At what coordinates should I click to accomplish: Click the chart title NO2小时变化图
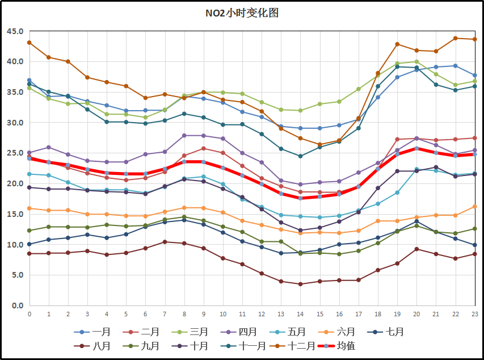click(242, 13)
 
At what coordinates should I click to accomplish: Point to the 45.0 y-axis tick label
click(14, 31)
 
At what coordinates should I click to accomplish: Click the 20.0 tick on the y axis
click(14, 184)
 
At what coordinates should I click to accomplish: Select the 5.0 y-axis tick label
click(14, 275)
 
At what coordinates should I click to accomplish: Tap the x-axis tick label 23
click(474, 313)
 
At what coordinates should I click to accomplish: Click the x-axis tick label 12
click(262, 313)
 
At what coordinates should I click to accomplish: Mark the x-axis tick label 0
click(30, 313)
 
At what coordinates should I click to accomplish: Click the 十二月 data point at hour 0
click(30, 43)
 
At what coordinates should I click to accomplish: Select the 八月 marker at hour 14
click(300, 284)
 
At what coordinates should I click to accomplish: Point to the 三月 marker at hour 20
click(416, 62)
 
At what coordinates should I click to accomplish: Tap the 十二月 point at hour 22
click(455, 38)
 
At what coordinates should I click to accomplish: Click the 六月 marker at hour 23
click(474, 206)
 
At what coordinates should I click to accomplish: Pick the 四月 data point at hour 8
click(184, 135)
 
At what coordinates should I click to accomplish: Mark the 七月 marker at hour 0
click(30, 244)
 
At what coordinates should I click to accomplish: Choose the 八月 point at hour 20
click(416, 249)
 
